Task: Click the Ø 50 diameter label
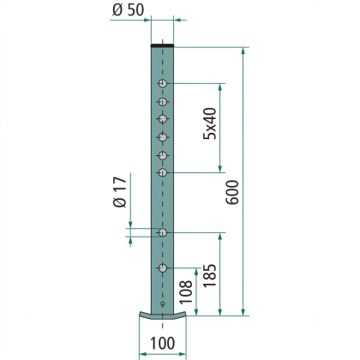point(129,10)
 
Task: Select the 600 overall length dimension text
point(232,192)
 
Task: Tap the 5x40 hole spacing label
point(210,123)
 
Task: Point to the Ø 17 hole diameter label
point(120,192)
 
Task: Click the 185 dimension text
point(209,275)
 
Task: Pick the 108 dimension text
point(185,291)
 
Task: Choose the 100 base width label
point(162,343)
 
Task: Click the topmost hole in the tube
point(163,84)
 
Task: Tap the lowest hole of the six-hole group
point(163,172)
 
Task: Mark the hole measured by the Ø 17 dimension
point(163,232)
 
